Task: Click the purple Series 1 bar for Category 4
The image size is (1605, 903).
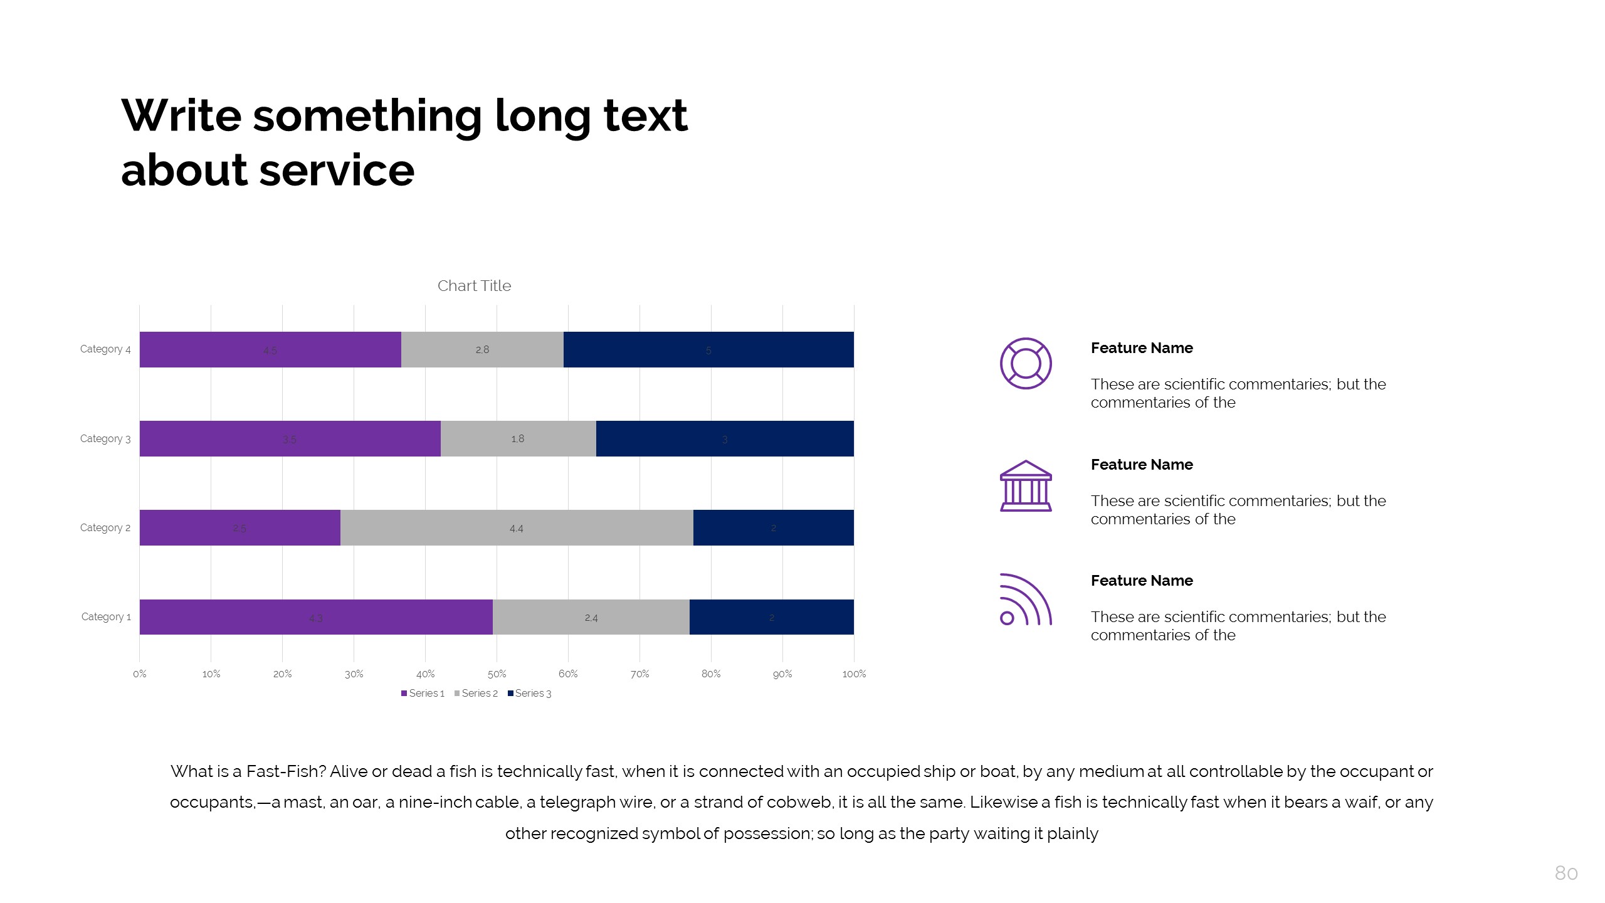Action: [x=270, y=349]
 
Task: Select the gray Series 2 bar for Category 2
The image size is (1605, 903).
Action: [x=517, y=527]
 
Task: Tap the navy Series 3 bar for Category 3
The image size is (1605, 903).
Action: [x=725, y=438]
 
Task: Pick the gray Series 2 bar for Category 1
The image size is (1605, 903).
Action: [x=591, y=617]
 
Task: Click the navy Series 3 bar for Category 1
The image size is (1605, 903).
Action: [x=771, y=617]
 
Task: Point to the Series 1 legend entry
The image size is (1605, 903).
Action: [x=423, y=693]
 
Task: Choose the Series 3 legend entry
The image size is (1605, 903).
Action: [x=530, y=693]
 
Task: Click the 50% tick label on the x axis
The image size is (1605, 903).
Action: [x=497, y=673]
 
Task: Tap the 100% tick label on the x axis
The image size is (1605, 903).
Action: [x=854, y=673]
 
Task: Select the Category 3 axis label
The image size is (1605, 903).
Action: [x=105, y=438]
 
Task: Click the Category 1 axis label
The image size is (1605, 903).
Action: [x=106, y=616]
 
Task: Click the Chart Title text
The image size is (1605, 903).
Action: [x=474, y=286]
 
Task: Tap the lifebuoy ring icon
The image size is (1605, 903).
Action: [x=1026, y=363]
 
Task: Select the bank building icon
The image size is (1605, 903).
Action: [x=1026, y=486]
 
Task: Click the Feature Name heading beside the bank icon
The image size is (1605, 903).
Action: [x=1142, y=465]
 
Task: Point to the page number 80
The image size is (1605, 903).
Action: [x=1566, y=873]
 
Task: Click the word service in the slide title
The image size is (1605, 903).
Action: [x=337, y=170]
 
